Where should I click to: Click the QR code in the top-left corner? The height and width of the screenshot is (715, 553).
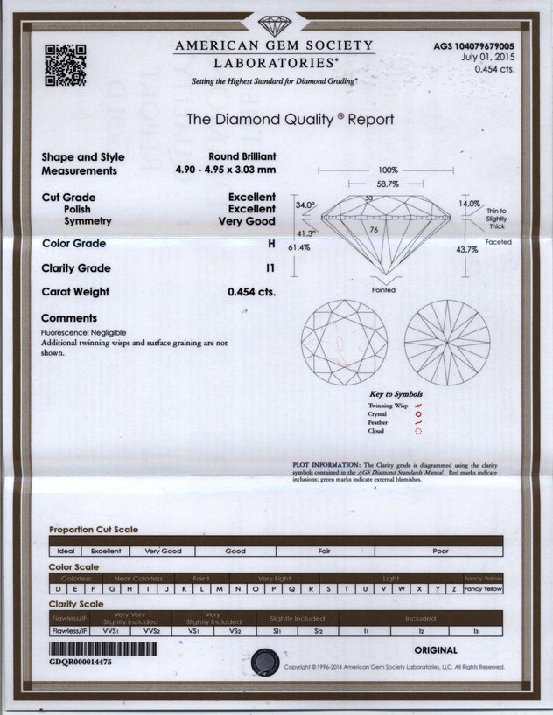pyautogui.click(x=65, y=65)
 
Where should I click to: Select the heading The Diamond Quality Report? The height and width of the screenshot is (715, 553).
pyautogui.click(x=290, y=120)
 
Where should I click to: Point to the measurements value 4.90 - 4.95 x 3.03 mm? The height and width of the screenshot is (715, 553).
pyautogui.click(x=225, y=170)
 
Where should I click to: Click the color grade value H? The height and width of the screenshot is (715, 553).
pyautogui.click(x=271, y=244)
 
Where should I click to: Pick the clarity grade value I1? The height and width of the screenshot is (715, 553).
pyautogui.click(x=269, y=268)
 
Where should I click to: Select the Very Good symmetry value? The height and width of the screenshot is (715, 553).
pyautogui.click(x=247, y=222)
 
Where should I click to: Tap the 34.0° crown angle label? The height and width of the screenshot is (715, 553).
pyautogui.click(x=304, y=205)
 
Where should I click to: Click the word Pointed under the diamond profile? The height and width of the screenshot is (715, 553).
pyautogui.click(x=383, y=290)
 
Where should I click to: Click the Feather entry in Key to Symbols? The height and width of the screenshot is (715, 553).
pyautogui.click(x=377, y=423)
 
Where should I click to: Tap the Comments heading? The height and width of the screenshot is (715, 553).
pyautogui.click(x=69, y=318)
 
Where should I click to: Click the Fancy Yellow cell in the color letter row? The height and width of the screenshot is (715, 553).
pyautogui.click(x=484, y=590)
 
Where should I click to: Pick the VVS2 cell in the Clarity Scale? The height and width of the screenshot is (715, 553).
pyautogui.click(x=150, y=629)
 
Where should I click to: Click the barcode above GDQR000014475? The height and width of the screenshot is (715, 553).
pyautogui.click(x=104, y=650)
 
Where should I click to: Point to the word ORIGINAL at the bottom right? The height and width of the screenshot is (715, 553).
pyautogui.click(x=435, y=650)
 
